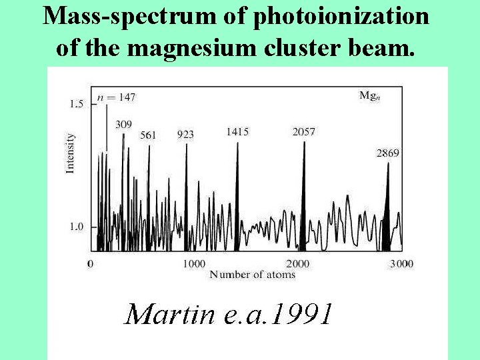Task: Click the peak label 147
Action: (125, 97)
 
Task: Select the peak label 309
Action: (123, 124)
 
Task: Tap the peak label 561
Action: (148, 135)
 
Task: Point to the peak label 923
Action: (185, 135)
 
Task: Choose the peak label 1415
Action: (237, 132)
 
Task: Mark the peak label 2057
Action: (303, 132)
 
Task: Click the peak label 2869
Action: (388, 153)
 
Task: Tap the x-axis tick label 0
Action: (91, 264)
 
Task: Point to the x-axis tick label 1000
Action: (194, 264)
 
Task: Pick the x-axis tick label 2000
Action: (297, 264)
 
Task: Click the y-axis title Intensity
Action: (70, 154)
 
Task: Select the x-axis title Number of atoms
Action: (252, 275)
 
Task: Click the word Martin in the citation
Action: (169, 314)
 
